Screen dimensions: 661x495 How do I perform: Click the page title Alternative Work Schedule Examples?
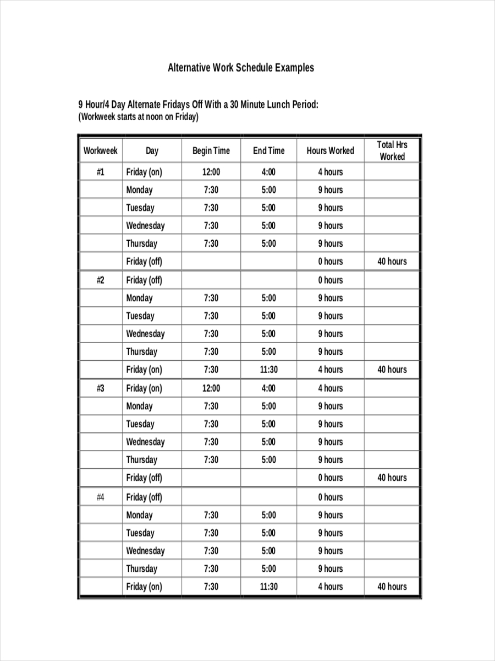coord(241,68)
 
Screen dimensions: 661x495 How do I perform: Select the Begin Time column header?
coord(211,151)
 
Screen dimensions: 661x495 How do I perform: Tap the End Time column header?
coord(268,151)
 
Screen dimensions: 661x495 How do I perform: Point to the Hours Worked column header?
coord(330,151)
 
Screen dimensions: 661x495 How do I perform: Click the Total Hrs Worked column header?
coord(392,150)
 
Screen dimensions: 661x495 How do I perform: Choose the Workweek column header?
coord(100,151)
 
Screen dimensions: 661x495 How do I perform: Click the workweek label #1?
coord(100,172)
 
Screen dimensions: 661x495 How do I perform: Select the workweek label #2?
coord(100,280)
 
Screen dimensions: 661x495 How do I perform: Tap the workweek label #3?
coord(100,388)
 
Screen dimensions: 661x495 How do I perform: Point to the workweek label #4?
coord(100,497)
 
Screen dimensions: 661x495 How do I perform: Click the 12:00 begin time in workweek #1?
coord(211,172)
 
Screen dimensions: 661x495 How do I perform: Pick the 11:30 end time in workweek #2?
coord(268,370)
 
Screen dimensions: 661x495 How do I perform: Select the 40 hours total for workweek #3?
coord(392,478)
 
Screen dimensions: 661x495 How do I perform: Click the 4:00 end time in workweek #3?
coord(268,388)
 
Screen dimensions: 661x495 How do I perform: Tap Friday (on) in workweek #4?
coord(144,587)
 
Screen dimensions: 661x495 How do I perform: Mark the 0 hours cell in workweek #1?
coord(330,262)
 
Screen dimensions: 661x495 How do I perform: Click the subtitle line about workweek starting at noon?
coord(139,117)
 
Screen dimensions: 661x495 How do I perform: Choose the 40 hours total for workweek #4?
coord(392,587)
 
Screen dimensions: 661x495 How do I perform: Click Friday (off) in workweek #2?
coord(144,280)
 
